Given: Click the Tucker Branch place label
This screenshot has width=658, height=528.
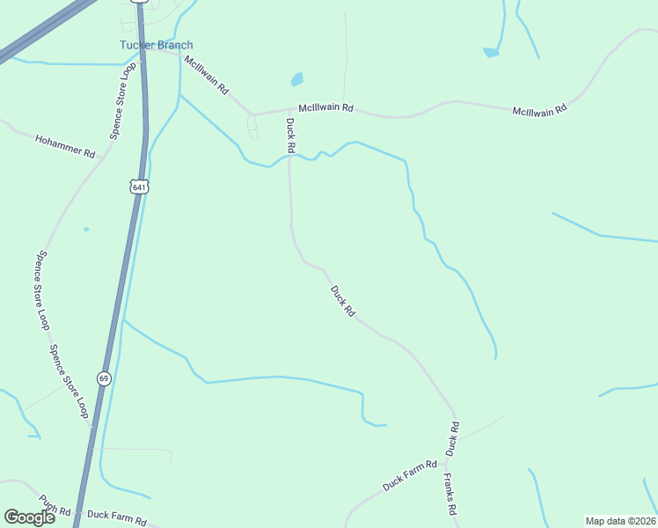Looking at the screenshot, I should tap(157, 46).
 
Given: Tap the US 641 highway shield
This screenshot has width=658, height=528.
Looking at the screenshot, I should tap(139, 187).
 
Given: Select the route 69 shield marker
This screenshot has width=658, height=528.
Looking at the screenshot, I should tap(105, 378).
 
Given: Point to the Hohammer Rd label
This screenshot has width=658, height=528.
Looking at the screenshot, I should tap(65, 146).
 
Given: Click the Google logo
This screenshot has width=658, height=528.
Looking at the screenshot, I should tap(29, 517).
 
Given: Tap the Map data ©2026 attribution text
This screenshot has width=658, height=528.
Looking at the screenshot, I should tap(620, 521).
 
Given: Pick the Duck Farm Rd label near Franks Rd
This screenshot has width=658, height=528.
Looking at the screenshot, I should tap(410, 476).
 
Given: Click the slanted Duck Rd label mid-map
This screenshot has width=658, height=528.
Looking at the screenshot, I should tap(342, 301).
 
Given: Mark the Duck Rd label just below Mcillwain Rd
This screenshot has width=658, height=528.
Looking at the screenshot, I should tap(289, 136).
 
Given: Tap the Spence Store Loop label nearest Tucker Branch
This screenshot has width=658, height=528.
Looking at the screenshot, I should tap(124, 101).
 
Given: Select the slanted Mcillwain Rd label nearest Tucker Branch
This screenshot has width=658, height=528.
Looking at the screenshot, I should tap(206, 75).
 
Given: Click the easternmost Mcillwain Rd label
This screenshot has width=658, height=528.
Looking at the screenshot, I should tap(540, 108).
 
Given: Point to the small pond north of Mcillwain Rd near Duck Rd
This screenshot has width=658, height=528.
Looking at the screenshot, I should tap(297, 79).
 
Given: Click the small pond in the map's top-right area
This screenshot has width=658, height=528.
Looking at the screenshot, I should tap(491, 53).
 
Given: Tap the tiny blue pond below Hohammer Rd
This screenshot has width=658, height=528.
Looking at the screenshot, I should tap(86, 230).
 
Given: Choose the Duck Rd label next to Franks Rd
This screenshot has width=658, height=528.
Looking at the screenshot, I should tap(452, 439).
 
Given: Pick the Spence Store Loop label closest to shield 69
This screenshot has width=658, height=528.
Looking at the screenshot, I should tap(69, 379).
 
